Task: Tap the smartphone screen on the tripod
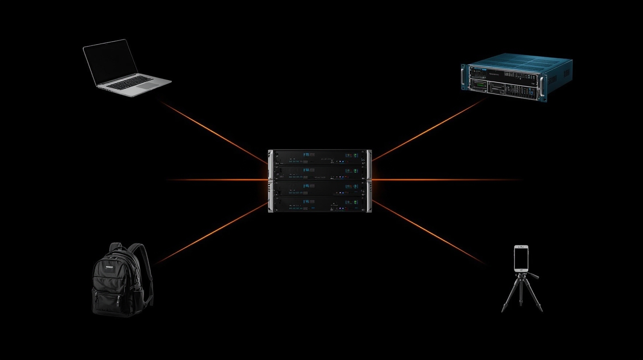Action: click(x=521, y=257)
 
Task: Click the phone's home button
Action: click(x=521, y=269)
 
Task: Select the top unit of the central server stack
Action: click(x=320, y=157)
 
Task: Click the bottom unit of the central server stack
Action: click(x=320, y=204)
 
